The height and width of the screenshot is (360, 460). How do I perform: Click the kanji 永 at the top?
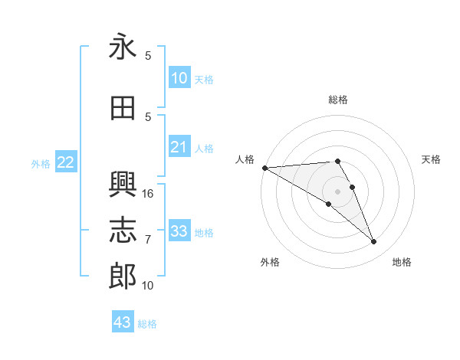point(123,48)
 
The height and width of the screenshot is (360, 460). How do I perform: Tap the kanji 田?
point(123,109)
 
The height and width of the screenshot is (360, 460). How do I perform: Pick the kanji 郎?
point(123,277)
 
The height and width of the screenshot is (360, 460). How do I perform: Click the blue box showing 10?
point(179,78)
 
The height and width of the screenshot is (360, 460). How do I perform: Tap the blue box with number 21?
point(179,147)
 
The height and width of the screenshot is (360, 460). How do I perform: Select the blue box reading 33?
point(179,231)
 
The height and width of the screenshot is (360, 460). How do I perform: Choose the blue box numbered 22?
point(66,162)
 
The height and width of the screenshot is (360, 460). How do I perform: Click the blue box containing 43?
point(123,322)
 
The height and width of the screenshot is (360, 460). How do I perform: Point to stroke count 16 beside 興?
point(148,194)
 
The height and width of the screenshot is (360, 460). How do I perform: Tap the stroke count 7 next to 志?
point(148,240)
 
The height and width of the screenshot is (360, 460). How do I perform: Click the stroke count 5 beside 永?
point(148,56)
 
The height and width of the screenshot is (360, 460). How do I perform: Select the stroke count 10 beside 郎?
point(148,286)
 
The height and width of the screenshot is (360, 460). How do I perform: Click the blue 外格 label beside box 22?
point(41,163)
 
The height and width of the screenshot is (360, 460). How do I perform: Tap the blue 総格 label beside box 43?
point(147,324)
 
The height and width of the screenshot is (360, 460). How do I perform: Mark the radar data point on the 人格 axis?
point(264,167)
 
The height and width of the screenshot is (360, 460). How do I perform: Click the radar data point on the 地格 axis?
point(373,242)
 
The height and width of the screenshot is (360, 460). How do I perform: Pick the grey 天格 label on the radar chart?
point(432,159)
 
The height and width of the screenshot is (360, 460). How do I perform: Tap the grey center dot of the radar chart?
point(337,191)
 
